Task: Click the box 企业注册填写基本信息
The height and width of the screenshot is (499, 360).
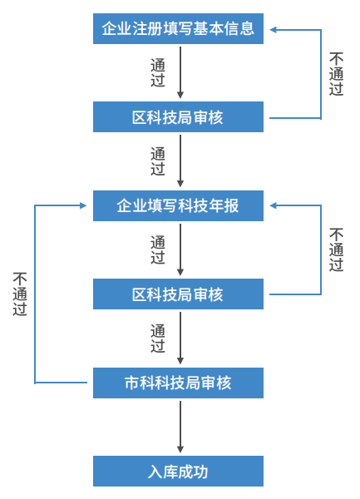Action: (x=178, y=28)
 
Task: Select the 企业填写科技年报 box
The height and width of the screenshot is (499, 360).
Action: (x=178, y=205)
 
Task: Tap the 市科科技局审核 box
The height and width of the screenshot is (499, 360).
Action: (x=178, y=383)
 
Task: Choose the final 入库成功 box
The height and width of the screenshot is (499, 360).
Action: (x=178, y=471)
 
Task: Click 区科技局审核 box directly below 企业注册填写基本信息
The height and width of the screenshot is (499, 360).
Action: (x=178, y=116)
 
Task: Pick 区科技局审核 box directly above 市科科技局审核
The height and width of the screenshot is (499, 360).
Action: (x=178, y=294)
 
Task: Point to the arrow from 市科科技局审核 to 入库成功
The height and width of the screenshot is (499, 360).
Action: (x=180, y=427)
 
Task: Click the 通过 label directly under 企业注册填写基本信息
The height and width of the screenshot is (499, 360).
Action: (x=158, y=72)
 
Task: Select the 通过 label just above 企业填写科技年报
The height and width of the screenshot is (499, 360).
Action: (x=158, y=161)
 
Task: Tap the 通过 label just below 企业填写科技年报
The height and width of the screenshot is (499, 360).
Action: (x=158, y=249)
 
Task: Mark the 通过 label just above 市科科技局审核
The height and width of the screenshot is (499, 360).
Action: (x=158, y=338)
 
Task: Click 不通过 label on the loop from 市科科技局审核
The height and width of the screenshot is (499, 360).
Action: (x=20, y=294)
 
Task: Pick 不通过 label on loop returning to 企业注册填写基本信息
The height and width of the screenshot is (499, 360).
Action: (x=336, y=74)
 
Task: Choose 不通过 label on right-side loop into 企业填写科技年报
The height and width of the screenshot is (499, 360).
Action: (x=336, y=249)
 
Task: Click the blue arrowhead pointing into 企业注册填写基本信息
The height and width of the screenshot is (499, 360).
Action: (x=274, y=30)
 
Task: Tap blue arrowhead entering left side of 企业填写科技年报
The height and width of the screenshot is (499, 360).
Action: (x=83, y=205)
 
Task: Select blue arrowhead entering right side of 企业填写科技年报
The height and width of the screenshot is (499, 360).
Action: (x=274, y=205)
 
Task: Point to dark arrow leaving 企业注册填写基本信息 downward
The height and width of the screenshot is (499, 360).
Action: (x=180, y=72)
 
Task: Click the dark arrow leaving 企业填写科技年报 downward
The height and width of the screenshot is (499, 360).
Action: (x=180, y=249)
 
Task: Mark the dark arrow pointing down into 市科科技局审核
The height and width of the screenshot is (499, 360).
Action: (x=180, y=338)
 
